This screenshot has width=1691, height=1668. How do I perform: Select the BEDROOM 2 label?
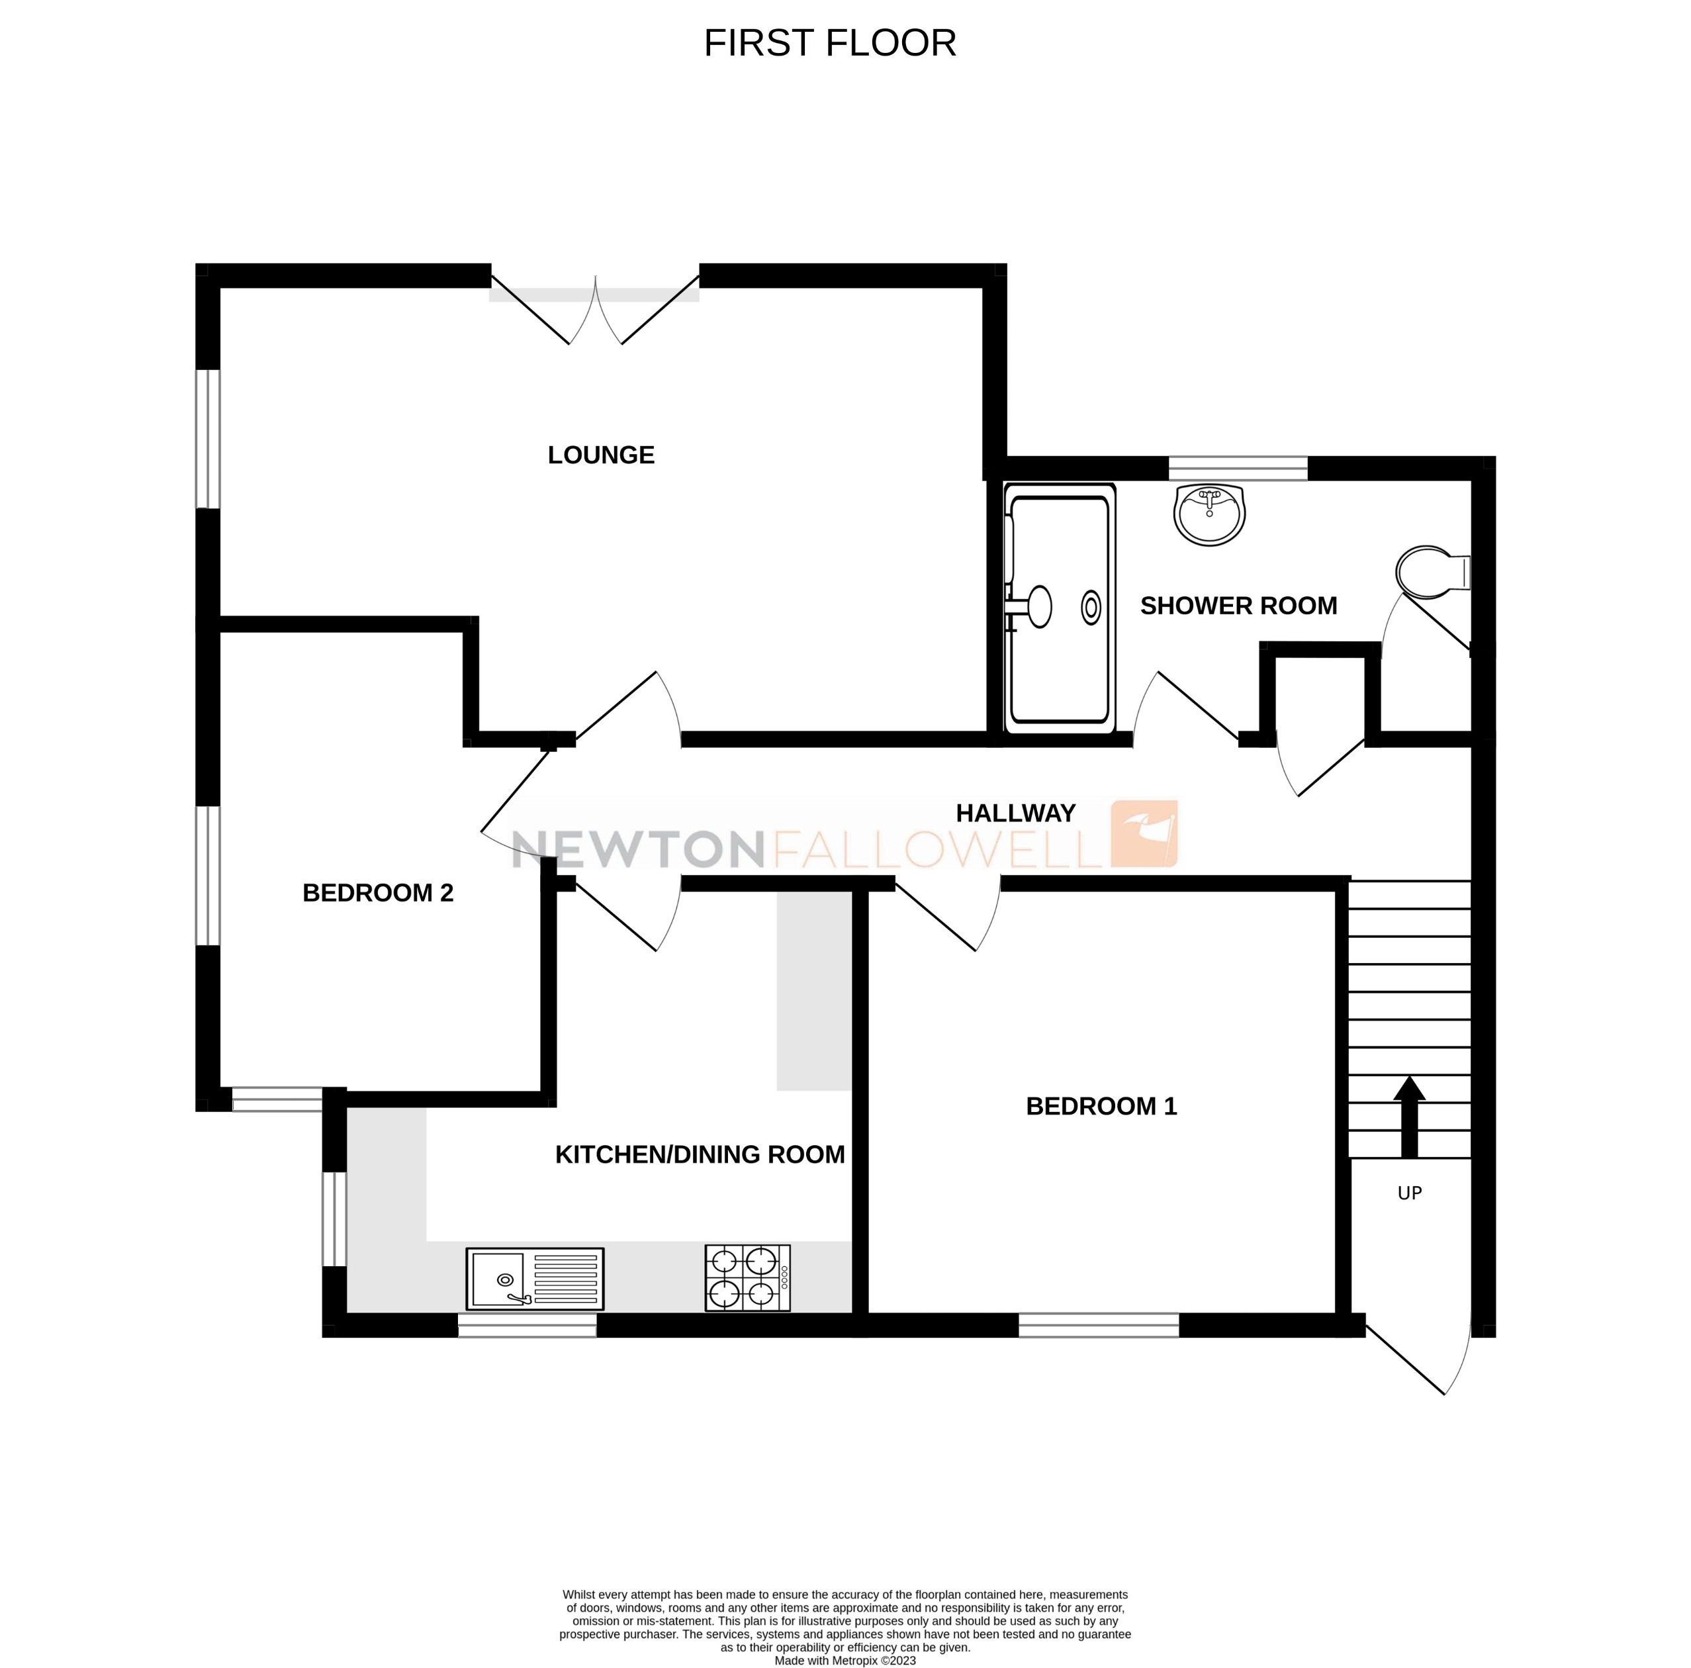[x=377, y=893]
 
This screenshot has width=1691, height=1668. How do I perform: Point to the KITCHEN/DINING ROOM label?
[x=700, y=1154]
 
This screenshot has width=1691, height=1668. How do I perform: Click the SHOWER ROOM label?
[x=1238, y=606]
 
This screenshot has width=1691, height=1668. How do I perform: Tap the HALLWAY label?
[x=1015, y=813]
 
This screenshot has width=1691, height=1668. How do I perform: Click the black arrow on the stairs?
[x=1408, y=1116]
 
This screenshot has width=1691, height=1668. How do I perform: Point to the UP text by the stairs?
[x=1409, y=1193]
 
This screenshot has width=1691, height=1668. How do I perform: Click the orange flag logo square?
[x=1144, y=833]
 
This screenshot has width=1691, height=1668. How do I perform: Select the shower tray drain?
[x=1091, y=608]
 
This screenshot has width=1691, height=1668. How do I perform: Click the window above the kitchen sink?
[x=527, y=1326]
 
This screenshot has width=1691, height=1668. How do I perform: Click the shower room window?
[x=1238, y=468]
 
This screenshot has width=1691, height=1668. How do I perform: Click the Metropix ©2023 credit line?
[x=845, y=1660]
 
